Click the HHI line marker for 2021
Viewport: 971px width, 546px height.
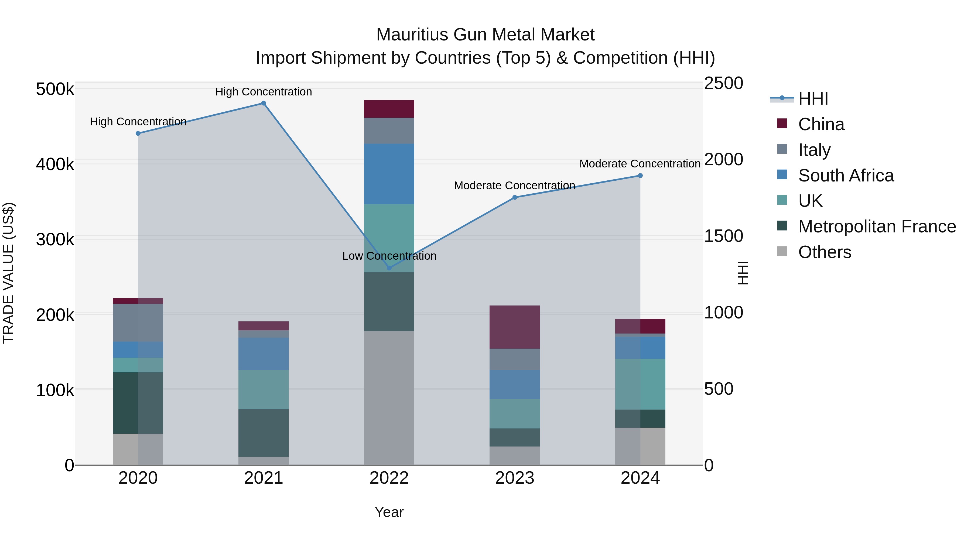264,103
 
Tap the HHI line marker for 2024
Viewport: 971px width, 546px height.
640,176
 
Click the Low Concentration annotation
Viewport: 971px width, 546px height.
389,256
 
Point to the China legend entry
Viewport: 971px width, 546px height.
821,124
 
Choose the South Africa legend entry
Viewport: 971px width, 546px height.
846,176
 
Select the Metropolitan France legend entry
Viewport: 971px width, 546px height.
877,226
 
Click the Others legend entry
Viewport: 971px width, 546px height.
824,252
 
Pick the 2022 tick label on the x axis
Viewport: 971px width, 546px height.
389,478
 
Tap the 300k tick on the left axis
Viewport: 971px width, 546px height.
55,239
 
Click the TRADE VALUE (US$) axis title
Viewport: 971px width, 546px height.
8,273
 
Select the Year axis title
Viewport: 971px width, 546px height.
389,512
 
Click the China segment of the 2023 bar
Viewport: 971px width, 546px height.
515,327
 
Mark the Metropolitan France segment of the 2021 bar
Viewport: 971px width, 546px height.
264,433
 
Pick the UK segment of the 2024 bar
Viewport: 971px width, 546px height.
640,384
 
